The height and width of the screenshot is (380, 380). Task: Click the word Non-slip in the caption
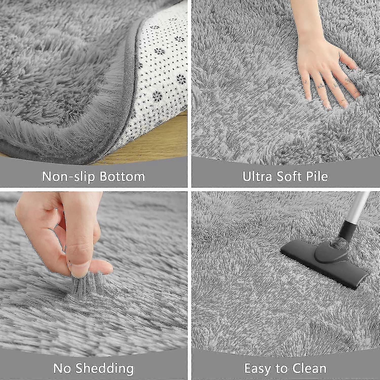point(67,176)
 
